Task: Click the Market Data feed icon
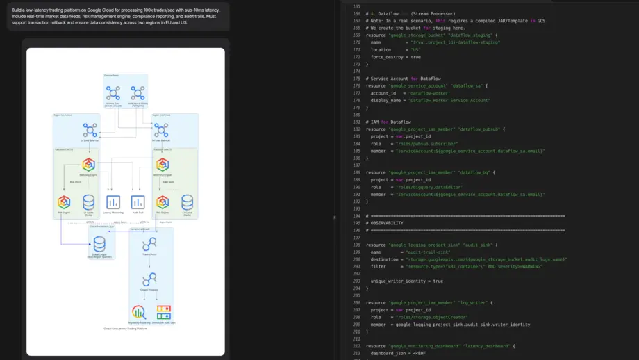pyautogui.click(x=113, y=93)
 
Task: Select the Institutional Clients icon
pyautogui.click(x=138, y=93)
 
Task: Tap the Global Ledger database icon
pyautogui.click(x=99, y=244)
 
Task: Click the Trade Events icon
pyautogui.click(x=149, y=244)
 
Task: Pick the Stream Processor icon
pyautogui.click(x=149, y=279)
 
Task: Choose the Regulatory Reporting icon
pyautogui.click(x=138, y=312)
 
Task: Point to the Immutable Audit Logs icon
pyautogui.click(x=163, y=312)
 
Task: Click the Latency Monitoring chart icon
pyautogui.click(x=113, y=202)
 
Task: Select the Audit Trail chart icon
pyautogui.click(x=138, y=202)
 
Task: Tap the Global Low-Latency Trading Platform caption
pyautogui.click(x=126, y=329)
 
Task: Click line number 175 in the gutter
pyautogui.click(x=357, y=79)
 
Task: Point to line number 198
pyautogui.click(x=357, y=245)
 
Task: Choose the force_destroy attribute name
pyautogui.click(x=387, y=57)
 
